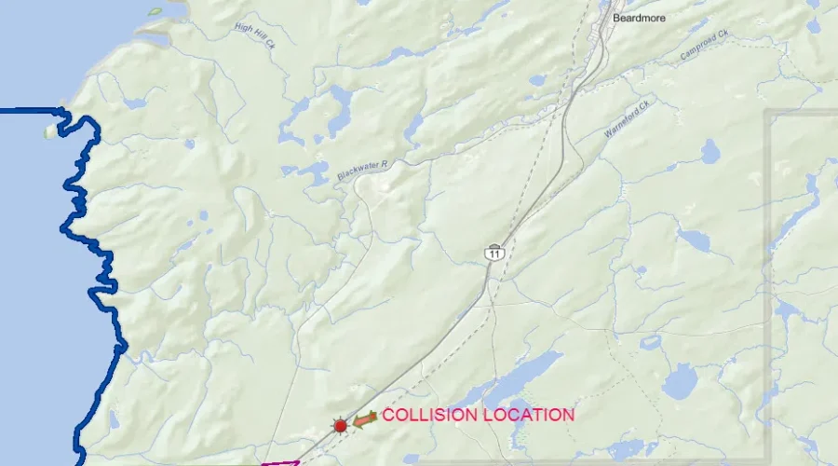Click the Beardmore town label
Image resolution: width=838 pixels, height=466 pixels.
[x=639, y=17]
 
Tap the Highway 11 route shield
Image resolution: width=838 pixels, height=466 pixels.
[x=493, y=253]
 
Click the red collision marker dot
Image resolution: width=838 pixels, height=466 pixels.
[x=341, y=426]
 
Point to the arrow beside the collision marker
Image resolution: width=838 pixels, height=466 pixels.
[x=364, y=419]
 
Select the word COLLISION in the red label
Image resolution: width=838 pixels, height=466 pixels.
[x=430, y=415]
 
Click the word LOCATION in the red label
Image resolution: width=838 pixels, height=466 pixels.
[x=529, y=415]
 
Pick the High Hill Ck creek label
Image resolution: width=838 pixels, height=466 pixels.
[x=257, y=34]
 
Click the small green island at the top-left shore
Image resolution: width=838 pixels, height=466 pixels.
[x=155, y=12]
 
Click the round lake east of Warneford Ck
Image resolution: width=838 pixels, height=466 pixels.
[x=710, y=151]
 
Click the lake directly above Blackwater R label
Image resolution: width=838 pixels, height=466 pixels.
[x=339, y=97]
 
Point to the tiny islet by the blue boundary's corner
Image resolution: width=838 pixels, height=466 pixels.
[x=49, y=132]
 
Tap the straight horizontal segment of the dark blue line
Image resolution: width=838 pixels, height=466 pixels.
[x=28, y=110]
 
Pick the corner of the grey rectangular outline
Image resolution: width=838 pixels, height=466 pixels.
[x=768, y=113]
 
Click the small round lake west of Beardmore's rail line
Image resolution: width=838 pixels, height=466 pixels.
[x=536, y=81]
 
